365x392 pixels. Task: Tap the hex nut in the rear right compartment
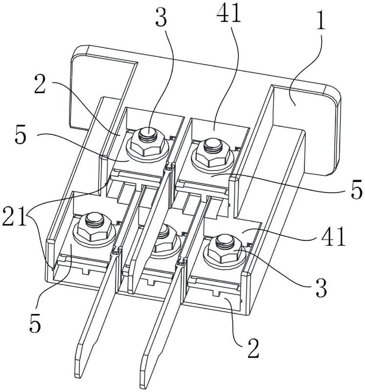212,152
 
